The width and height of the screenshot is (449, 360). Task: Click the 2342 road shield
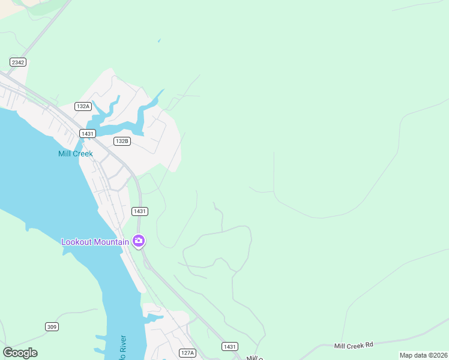click(18, 62)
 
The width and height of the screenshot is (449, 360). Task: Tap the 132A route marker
click(83, 106)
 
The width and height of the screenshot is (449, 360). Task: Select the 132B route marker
click(122, 141)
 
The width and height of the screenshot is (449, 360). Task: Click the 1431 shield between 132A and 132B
click(88, 133)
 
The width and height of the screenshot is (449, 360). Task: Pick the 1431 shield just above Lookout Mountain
click(140, 211)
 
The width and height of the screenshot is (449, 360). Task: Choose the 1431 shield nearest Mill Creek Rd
click(229, 347)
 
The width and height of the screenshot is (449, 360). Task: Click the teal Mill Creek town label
click(76, 154)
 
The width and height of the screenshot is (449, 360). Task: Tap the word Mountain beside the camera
click(112, 242)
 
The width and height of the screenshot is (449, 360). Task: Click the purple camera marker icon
click(139, 241)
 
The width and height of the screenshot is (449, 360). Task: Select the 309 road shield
click(52, 326)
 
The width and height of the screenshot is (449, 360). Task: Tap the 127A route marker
click(187, 353)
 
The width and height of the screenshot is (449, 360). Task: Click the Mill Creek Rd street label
click(354, 345)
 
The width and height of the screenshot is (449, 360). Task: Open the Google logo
click(20, 353)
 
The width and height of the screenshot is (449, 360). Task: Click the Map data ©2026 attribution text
click(423, 355)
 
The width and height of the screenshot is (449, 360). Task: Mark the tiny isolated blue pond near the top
click(159, 41)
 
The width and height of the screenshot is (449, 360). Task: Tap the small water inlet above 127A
click(154, 317)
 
